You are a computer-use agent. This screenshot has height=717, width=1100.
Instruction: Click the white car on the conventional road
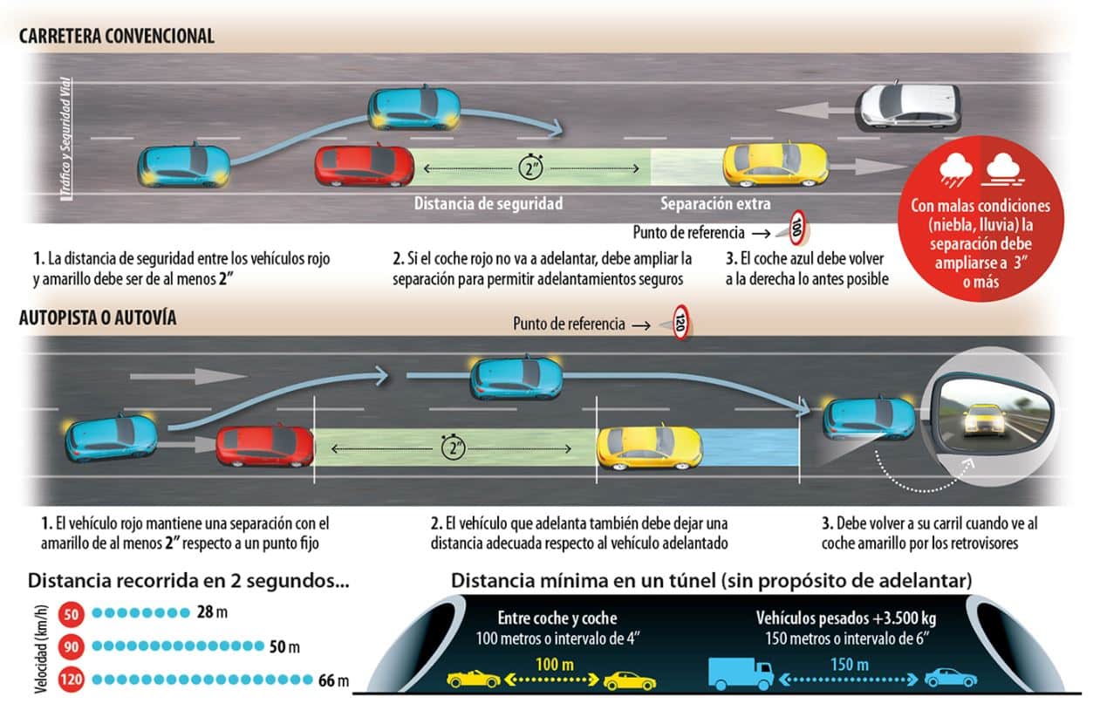(x=908, y=107)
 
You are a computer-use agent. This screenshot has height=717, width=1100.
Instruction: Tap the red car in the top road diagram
(x=364, y=166)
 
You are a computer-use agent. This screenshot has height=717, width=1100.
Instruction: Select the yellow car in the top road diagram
(x=775, y=165)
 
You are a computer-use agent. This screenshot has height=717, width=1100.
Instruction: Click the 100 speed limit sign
(x=797, y=228)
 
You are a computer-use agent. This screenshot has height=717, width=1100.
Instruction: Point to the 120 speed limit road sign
(x=680, y=322)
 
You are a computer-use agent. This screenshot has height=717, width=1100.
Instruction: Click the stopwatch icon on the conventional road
(x=531, y=167)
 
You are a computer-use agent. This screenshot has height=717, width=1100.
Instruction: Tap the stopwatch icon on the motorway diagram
(x=453, y=447)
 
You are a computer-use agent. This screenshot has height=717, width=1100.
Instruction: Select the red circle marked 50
(x=72, y=614)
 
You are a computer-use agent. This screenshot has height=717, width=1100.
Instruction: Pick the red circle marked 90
(x=72, y=646)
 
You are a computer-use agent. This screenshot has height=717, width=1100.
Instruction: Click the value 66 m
(x=333, y=680)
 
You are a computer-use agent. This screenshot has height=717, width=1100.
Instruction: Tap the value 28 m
(x=212, y=612)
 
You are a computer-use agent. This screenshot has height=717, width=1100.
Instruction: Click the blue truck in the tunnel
(x=741, y=673)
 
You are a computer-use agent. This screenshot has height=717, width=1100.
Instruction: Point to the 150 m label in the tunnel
(x=850, y=665)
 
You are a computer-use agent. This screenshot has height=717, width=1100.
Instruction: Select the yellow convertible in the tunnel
(x=474, y=679)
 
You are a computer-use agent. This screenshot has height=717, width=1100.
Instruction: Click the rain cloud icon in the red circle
(x=955, y=170)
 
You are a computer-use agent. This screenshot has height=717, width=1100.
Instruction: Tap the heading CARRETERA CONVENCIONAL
(x=117, y=37)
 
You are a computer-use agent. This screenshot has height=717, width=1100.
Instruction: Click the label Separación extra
(x=715, y=203)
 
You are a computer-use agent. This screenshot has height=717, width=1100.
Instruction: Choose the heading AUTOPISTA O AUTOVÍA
(x=98, y=318)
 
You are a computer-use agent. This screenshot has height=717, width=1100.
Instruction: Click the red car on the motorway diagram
(x=265, y=446)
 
